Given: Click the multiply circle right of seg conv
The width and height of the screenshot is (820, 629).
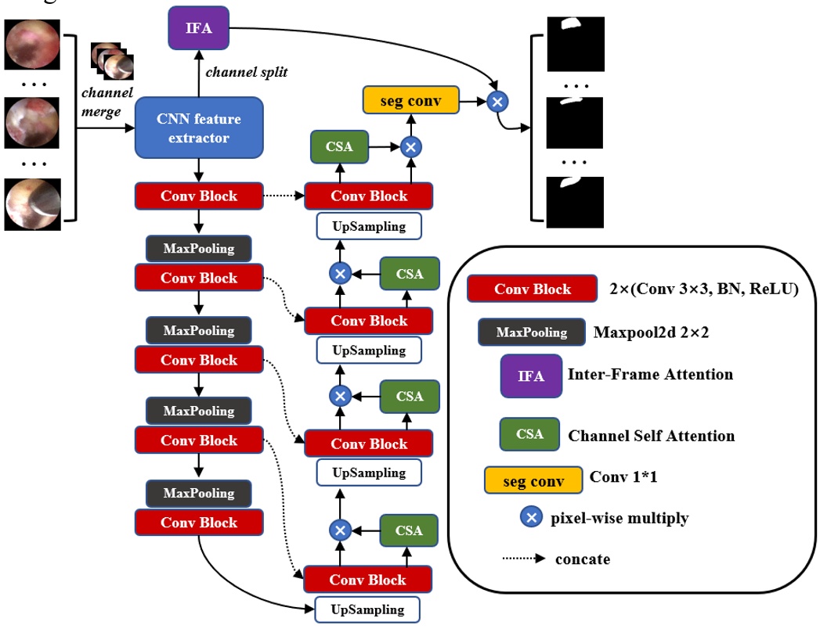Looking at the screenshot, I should pyautogui.click(x=497, y=101).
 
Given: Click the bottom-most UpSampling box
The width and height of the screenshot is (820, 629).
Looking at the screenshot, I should pyautogui.click(x=368, y=609).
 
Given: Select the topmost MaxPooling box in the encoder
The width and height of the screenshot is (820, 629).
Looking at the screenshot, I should pyautogui.click(x=198, y=248).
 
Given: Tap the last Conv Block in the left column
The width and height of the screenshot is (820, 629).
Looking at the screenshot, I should pyautogui.click(x=198, y=523).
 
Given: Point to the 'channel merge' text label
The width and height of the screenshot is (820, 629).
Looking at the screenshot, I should pyautogui.click(x=101, y=102).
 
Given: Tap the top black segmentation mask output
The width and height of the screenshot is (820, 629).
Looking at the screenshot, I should pyautogui.click(x=576, y=43).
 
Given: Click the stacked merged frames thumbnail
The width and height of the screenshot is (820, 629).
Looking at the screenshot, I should pyautogui.click(x=112, y=60).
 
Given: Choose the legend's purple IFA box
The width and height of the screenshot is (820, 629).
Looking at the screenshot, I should pyautogui.click(x=531, y=376).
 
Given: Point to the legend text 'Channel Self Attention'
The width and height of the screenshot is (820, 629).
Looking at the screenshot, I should pyautogui.click(x=651, y=435).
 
